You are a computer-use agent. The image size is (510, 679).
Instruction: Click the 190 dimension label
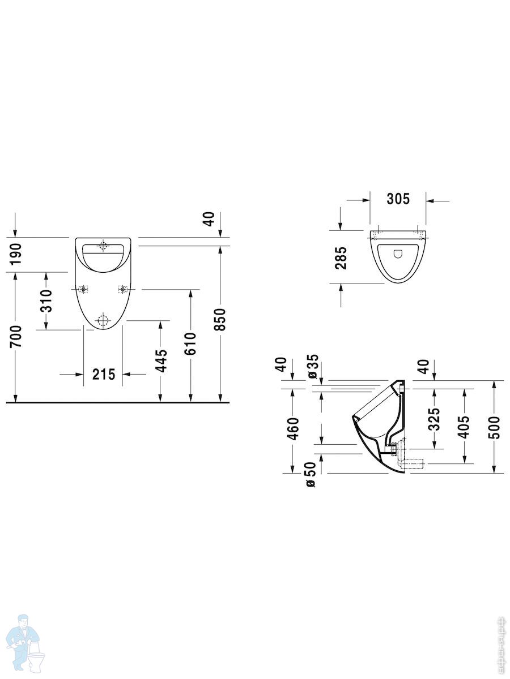pos(16,254)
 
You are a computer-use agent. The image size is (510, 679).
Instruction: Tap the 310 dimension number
pos(46,300)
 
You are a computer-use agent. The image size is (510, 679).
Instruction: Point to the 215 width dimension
pos(104,375)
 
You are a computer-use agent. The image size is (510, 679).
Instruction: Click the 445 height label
pos(161,360)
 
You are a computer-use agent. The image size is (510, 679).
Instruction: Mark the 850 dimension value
pos(221,320)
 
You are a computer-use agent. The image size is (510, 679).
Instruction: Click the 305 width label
pos(398,199)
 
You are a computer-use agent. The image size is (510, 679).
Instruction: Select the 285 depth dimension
pos(342,257)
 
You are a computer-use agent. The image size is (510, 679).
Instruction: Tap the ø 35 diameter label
pos(313,366)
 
